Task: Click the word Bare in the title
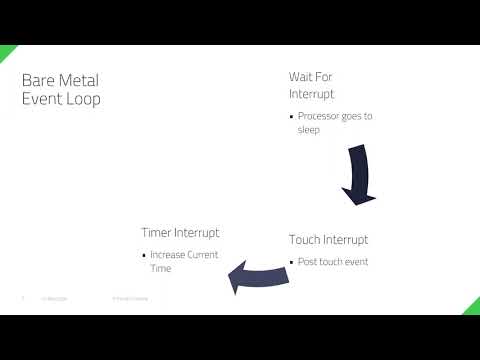(39, 80)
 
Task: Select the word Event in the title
(42, 99)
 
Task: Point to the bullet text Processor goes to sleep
(334, 123)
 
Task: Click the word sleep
(308, 130)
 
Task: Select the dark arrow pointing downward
(357, 175)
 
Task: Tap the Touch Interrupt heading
(328, 240)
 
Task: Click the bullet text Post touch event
(333, 262)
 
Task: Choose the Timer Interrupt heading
(180, 233)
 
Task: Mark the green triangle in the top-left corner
(6, 52)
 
